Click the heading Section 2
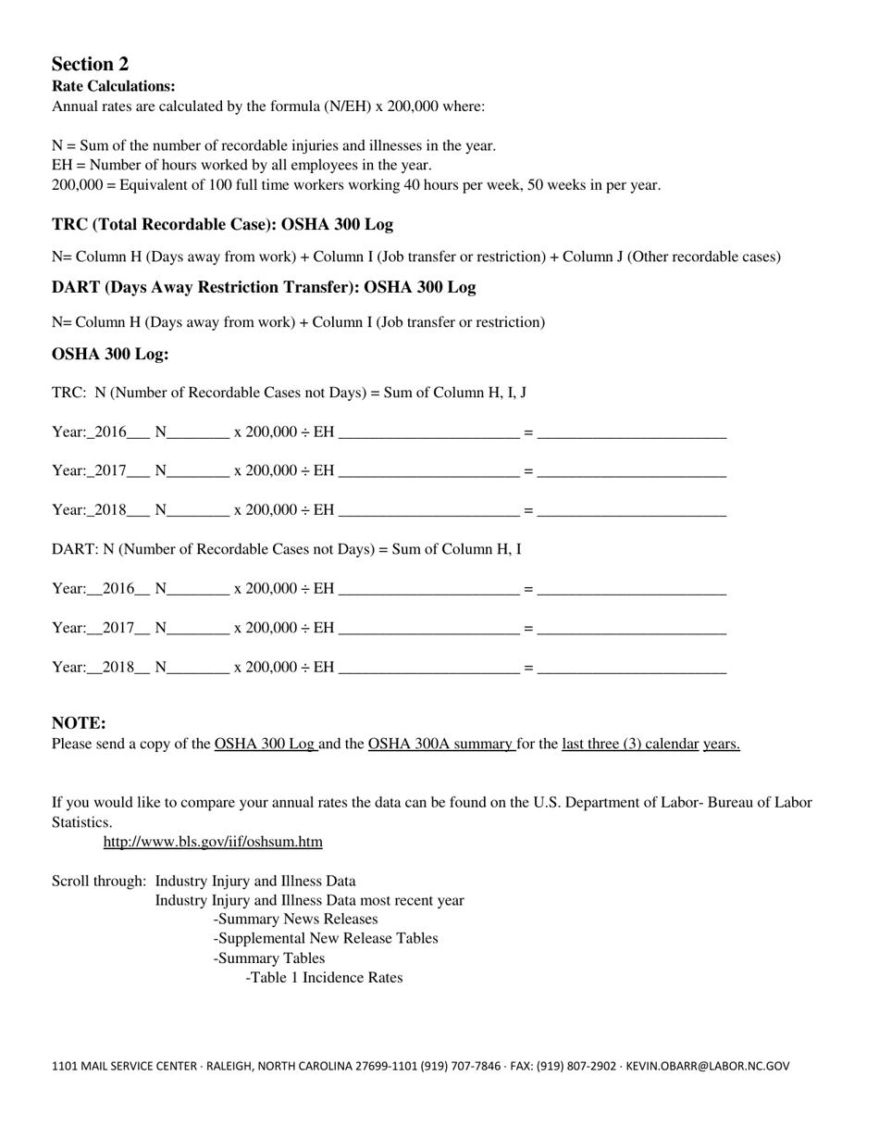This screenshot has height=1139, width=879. click(90, 64)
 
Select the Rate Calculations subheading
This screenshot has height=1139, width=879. click(113, 86)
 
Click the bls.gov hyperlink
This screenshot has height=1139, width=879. click(213, 842)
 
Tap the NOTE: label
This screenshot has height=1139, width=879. click(79, 723)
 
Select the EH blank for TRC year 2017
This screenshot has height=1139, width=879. click(428, 471)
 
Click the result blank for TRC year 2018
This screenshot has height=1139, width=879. click(631, 510)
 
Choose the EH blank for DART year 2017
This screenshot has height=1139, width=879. click(428, 629)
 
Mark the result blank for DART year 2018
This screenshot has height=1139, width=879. click(631, 668)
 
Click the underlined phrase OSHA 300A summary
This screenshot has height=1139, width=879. click(440, 744)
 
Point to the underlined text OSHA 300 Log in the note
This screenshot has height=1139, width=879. click(266, 744)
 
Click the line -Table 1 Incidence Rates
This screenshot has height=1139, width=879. click(324, 978)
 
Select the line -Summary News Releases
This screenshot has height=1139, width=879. click(295, 920)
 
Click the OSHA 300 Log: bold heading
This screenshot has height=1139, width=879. click(110, 355)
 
